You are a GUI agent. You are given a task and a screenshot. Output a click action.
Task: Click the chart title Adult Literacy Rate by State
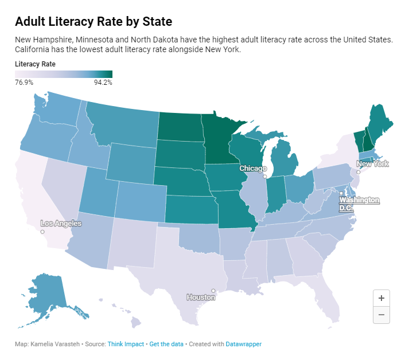(x=94, y=22)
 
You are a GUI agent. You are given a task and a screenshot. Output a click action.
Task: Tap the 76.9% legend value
(x=24, y=83)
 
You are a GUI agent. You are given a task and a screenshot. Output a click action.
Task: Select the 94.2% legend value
(x=103, y=83)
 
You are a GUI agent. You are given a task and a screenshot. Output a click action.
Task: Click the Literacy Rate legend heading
(x=35, y=64)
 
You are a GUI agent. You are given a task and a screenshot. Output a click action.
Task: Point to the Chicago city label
(x=253, y=169)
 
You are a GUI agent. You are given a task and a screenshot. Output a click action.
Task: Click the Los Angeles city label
(x=61, y=224)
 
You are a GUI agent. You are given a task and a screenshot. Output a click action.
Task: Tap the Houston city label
(x=201, y=298)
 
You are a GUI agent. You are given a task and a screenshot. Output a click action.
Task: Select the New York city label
(x=372, y=164)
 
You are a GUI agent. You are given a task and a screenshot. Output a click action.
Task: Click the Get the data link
(x=166, y=344)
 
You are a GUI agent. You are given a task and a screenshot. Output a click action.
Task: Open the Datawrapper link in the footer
(x=243, y=344)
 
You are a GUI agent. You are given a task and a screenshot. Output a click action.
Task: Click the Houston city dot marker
(x=213, y=291)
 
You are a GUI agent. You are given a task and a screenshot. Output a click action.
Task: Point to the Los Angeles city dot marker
(x=42, y=232)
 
